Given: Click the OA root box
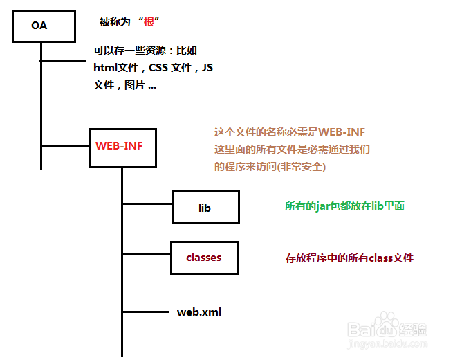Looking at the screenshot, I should click(x=42, y=26).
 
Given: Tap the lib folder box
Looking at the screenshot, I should click(x=205, y=208).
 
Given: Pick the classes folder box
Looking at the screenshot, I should click(x=204, y=258).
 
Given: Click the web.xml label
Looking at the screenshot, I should click(x=199, y=312).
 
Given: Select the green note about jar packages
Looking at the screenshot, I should click(x=344, y=206).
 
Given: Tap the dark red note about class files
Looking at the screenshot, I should click(x=349, y=258).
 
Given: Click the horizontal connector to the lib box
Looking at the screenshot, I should click(x=147, y=204).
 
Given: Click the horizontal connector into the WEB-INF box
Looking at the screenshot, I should click(x=65, y=146).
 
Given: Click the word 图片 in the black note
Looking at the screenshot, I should click(x=135, y=86).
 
